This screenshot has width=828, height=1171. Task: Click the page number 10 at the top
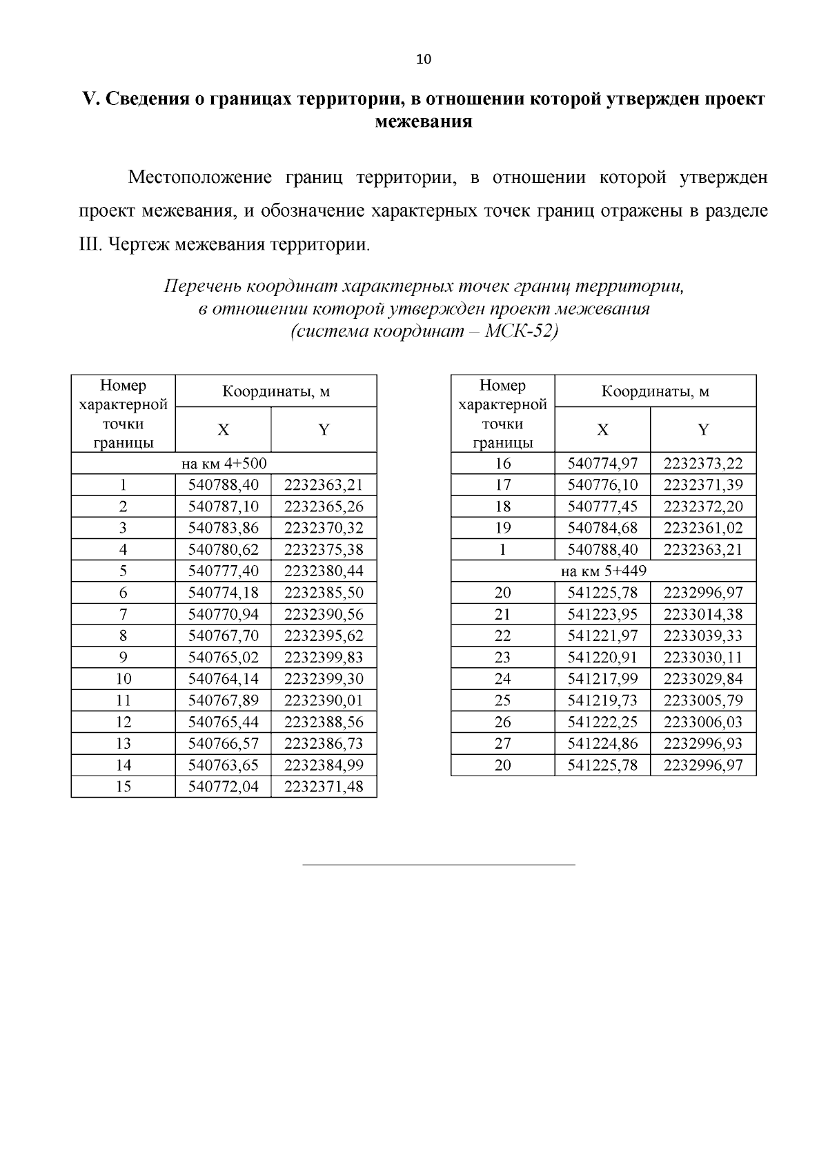pos(424,59)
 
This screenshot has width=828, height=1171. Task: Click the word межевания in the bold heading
pos(423,122)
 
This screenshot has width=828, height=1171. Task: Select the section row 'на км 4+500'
pos(224,464)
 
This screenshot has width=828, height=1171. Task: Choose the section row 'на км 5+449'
pos(603,571)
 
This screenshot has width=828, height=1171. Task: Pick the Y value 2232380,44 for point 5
pos(324,571)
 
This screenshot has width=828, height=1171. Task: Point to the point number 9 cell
pos(124,658)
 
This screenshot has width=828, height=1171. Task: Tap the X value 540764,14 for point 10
pos(224,679)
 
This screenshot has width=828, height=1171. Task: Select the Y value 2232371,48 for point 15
pos(324,787)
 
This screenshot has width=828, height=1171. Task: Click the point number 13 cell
pos(124,744)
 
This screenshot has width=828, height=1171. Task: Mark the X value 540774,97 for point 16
pos(602,464)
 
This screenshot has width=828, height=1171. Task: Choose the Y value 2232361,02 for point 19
pos(703,529)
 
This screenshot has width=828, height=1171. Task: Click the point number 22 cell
pos(503,636)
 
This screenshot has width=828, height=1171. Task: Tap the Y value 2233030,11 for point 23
pos(703,658)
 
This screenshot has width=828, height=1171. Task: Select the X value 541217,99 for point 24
pos(602,679)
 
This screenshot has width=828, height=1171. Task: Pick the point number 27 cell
pos(503,744)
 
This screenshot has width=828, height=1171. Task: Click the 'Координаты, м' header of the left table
pos(276,392)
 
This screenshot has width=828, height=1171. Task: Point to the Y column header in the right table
pos(703,430)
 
